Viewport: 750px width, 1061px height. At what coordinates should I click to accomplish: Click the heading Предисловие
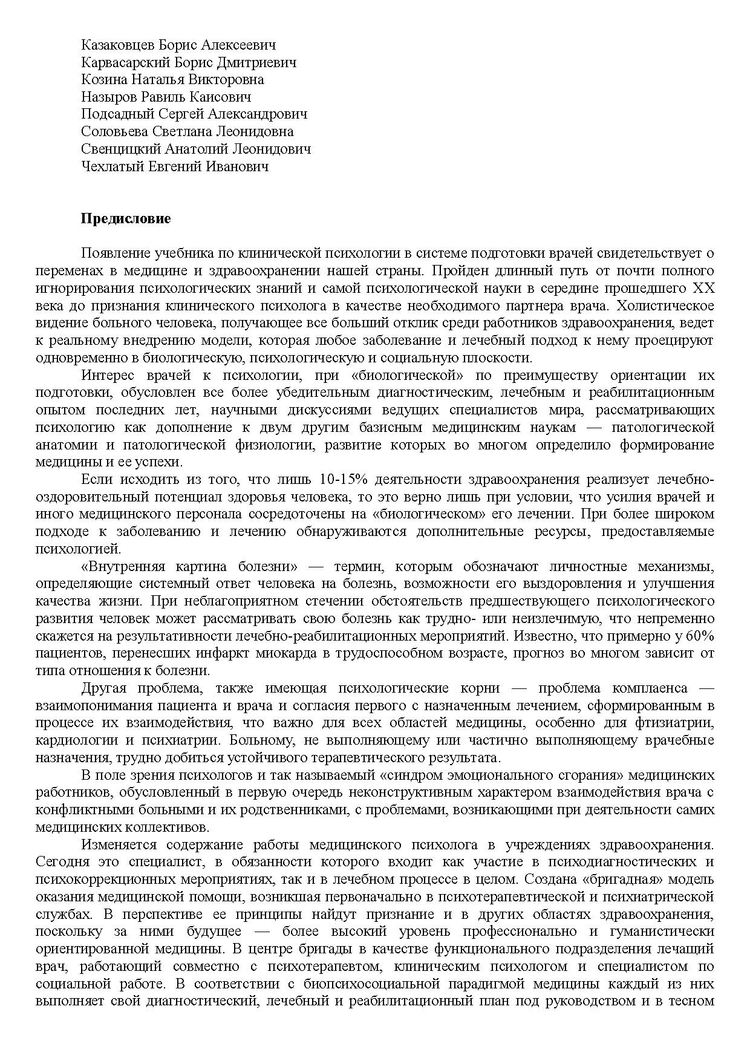click(x=126, y=219)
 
